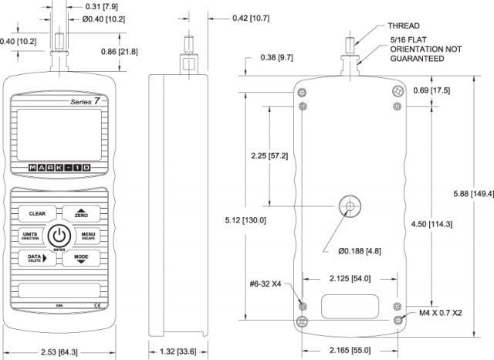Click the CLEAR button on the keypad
[x=37, y=213]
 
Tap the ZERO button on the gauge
[x=82, y=213]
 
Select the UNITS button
[x=31, y=236]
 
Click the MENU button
[x=87, y=236]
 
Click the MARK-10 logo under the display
[x=59, y=168]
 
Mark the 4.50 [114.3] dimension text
[x=431, y=224]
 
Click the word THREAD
[x=403, y=25]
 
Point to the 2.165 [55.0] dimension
[x=350, y=352]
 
